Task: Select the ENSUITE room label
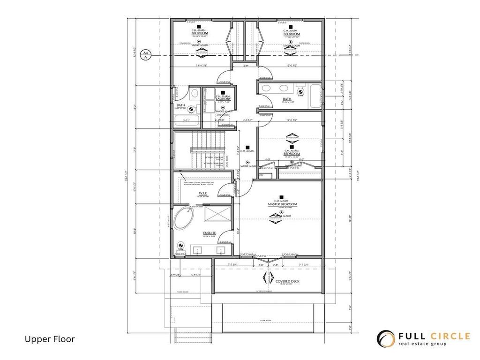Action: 209,233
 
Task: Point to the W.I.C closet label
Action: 203,193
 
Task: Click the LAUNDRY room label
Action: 223,99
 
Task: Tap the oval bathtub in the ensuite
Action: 184,219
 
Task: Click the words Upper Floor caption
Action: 49,339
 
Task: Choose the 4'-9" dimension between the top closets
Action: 246,66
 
